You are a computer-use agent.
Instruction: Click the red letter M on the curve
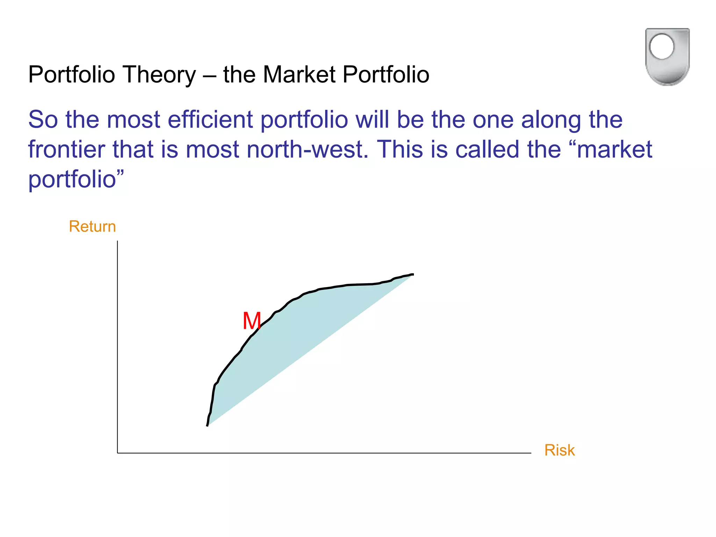(x=252, y=321)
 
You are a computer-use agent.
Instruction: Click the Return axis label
(x=92, y=227)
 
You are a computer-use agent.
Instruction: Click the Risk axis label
(x=559, y=450)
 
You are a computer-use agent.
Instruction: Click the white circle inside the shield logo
(x=661, y=46)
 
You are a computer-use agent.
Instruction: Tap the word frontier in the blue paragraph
(x=66, y=150)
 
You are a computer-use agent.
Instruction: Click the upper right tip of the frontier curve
(x=413, y=274)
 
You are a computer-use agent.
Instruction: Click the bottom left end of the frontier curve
(x=207, y=425)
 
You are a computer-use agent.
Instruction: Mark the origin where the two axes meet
(x=117, y=453)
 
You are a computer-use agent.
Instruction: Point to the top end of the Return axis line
(x=117, y=241)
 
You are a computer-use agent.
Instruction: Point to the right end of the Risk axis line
(x=530, y=453)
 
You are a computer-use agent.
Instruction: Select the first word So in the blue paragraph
(x=43, y=120)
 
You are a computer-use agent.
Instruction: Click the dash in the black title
(x=210, y=76)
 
